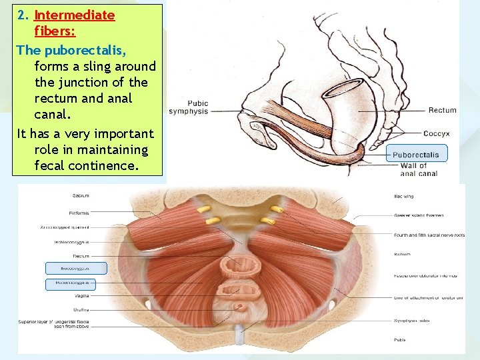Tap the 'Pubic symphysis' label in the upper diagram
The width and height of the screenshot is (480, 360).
pos(188,107)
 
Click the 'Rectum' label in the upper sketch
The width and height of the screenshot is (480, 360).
pos(442,111)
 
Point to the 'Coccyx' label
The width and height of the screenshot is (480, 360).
pos(436,133)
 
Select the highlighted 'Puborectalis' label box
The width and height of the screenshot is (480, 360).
pos(416,155)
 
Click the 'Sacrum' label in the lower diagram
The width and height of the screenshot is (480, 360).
pos(82,195)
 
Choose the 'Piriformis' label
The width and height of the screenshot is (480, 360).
pos(79,213)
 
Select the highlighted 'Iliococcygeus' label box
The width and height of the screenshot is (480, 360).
pos(76,268)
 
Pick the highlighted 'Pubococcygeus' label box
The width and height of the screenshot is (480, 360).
pos(76,284)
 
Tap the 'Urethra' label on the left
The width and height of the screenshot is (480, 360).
pos(80,310)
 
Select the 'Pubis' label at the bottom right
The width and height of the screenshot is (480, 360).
pos(400,339)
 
